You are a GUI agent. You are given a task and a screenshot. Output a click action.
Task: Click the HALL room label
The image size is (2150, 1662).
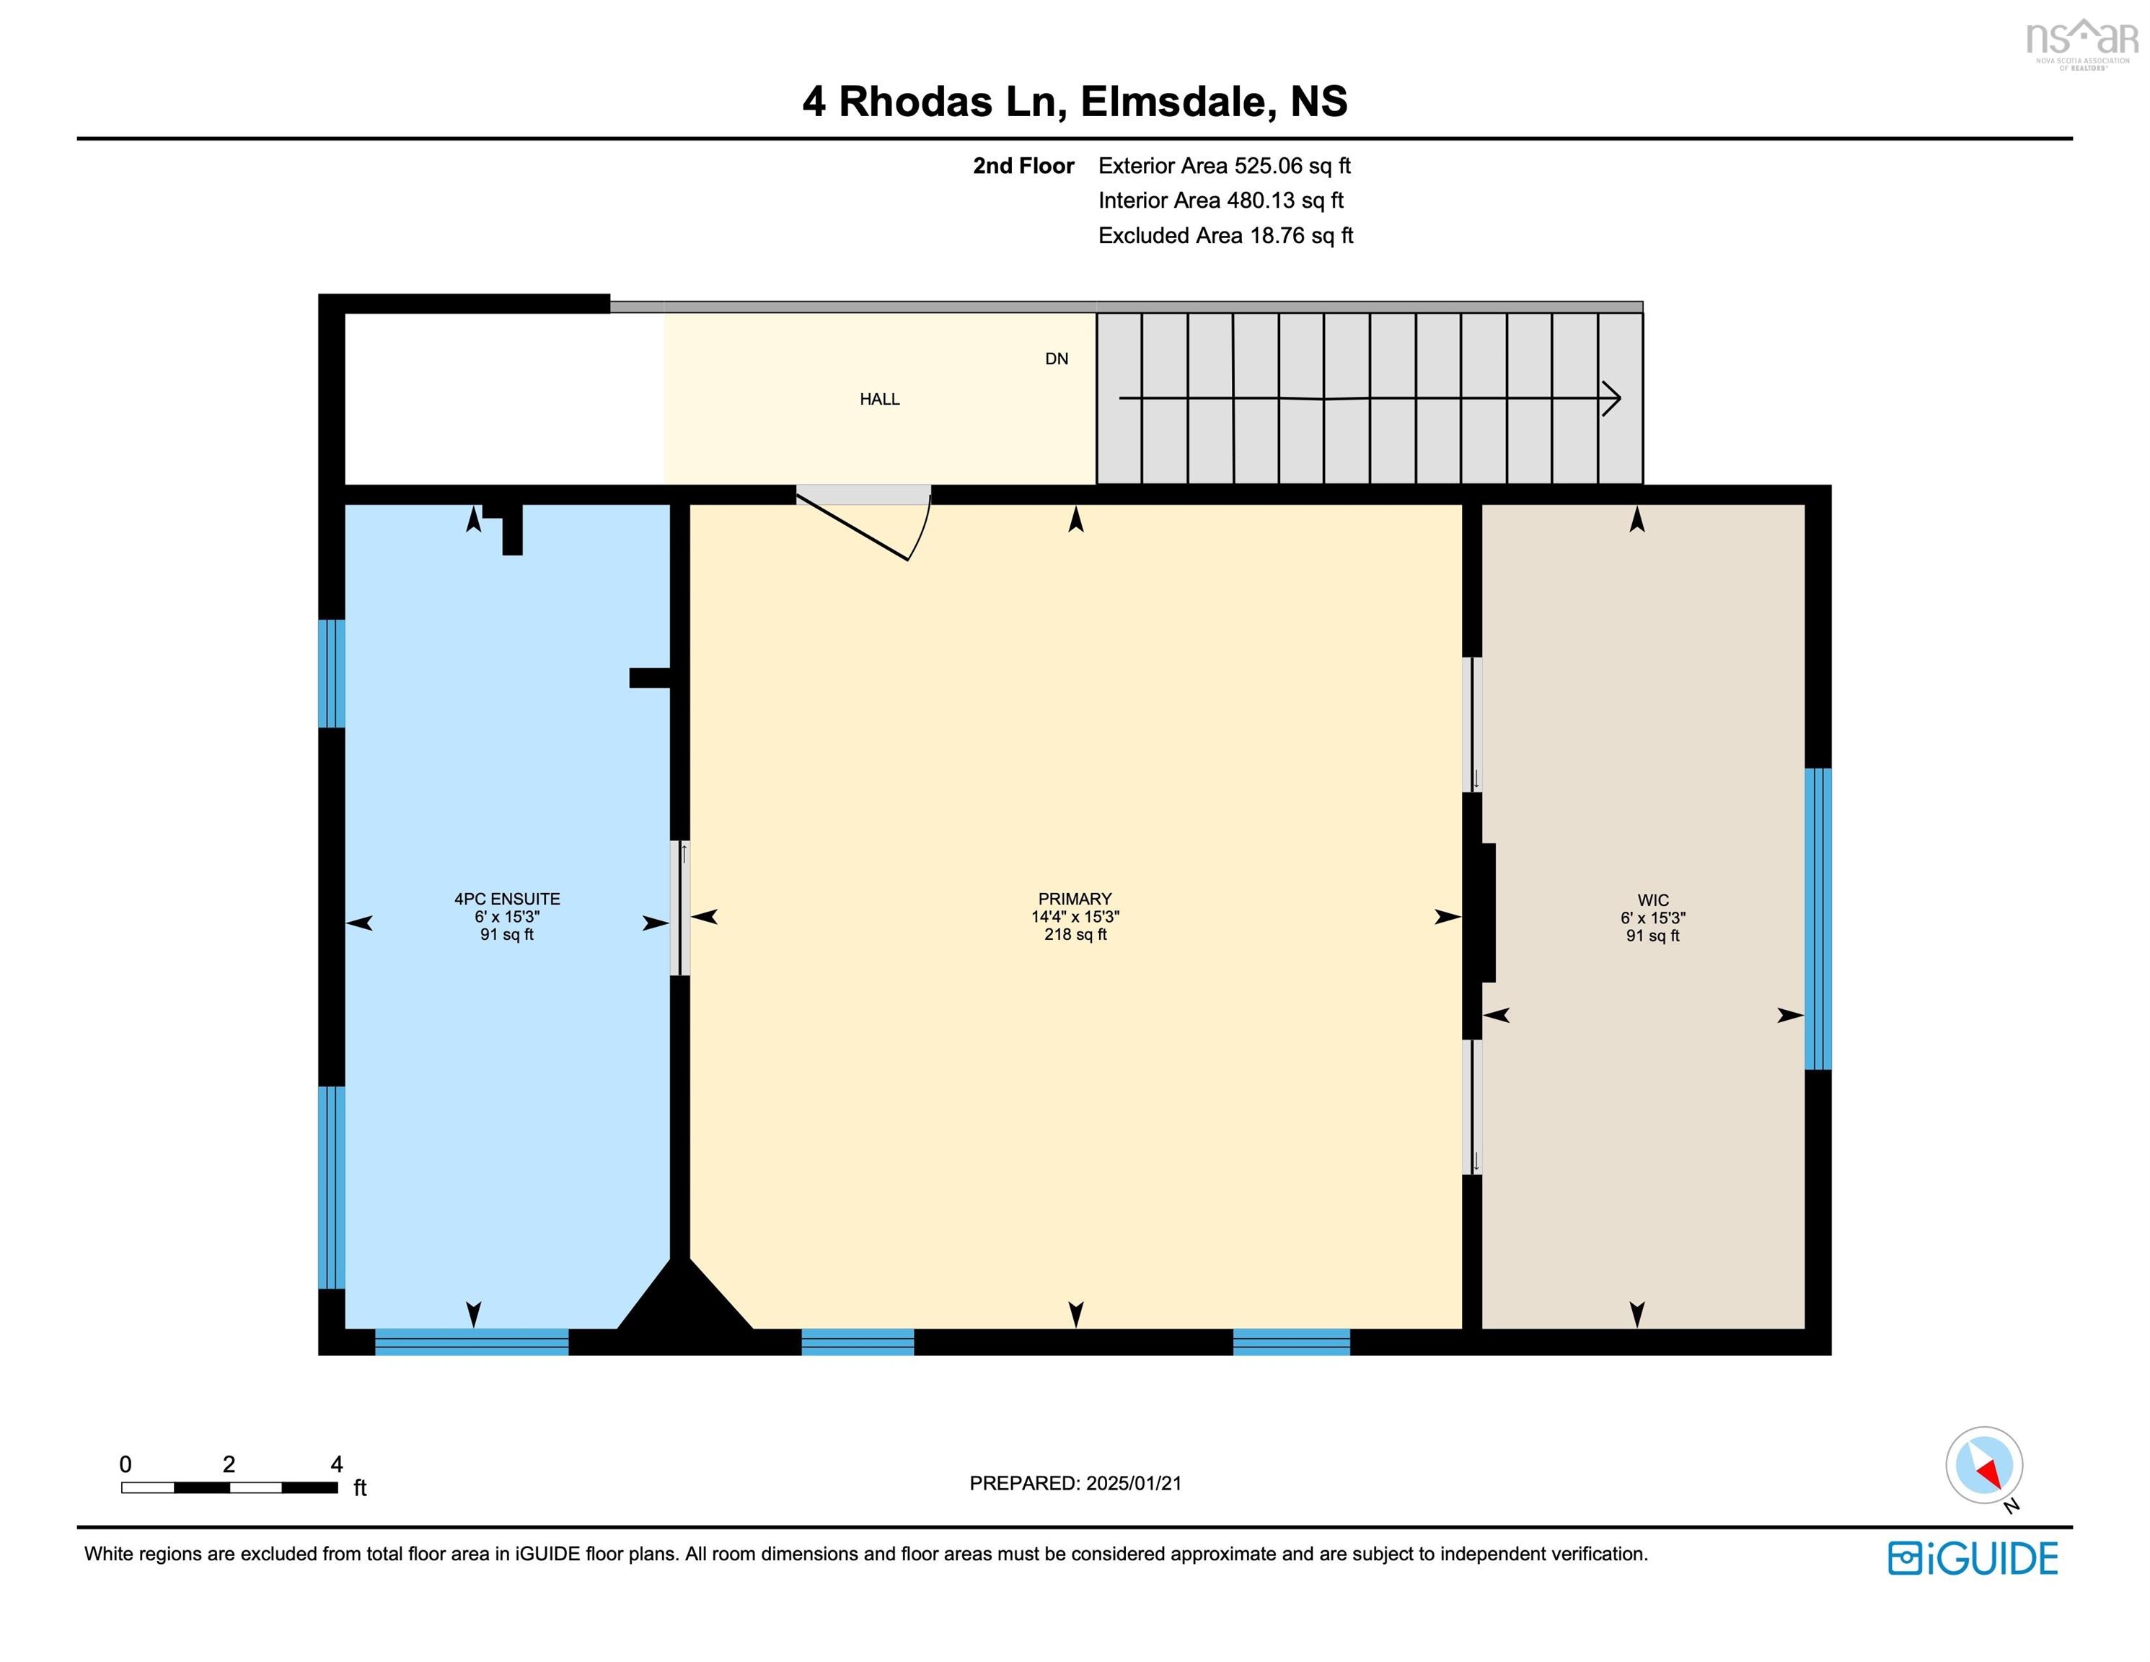(x=879, y=399)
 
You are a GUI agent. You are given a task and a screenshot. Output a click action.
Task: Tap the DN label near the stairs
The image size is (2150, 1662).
(x=1057, y=359)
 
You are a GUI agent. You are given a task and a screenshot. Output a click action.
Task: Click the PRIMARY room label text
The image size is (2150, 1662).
(x=1074, y=898)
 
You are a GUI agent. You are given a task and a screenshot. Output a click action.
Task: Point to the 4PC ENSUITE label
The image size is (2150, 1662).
(x=507, y=898)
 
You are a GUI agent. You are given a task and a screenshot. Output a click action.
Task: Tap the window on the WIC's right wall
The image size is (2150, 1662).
(x=1818, y=918)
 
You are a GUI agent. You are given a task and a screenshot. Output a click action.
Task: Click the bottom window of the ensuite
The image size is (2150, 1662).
(x=472, y=1341)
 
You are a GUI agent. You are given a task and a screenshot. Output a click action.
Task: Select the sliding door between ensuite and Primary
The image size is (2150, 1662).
(x=680, y=907)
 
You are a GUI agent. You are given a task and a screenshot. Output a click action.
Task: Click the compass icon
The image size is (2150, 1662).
(x=1983, y=1464)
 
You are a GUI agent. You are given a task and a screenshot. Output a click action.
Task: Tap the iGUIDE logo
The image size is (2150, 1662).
(x=1973, y=1559)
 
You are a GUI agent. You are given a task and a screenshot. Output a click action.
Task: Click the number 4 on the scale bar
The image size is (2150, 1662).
(x=337, y=1464)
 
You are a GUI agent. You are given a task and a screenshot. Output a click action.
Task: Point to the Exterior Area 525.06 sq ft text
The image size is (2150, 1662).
(x=1224, y=165)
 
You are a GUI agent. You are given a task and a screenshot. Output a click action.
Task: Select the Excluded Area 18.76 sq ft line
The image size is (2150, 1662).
(x=1225, y=235)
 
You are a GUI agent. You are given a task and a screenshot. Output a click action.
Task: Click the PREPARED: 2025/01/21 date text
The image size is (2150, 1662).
(x=1075, y=1483)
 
